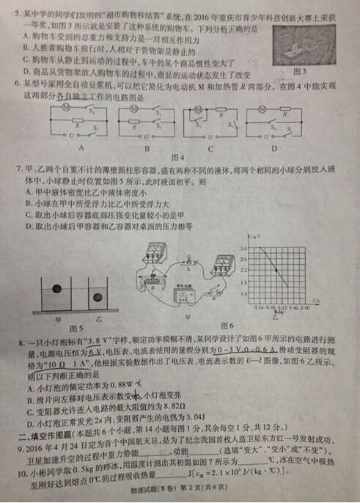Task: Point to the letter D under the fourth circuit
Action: (x=274, y=146)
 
